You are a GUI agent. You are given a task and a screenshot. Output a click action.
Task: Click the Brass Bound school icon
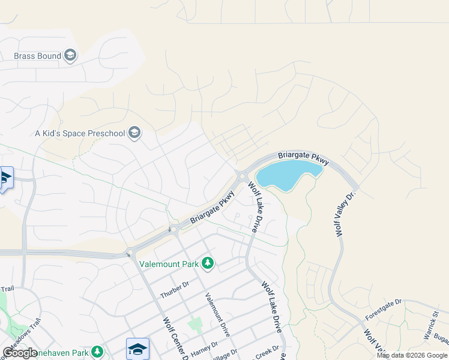pos(71,56)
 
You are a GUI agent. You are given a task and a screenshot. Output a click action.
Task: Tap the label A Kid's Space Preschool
pos(80,133)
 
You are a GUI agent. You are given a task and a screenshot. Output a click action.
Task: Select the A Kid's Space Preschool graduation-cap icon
pos(134,133)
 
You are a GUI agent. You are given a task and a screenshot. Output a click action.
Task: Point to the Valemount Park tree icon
pos(208,263)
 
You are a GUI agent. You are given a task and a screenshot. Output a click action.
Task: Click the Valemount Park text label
pos(169,263)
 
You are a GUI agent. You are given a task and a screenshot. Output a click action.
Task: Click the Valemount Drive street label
pos(217,314)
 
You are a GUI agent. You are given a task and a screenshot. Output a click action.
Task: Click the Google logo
pos(20,353)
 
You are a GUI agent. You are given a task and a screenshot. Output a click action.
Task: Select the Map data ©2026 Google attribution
pos(412,355)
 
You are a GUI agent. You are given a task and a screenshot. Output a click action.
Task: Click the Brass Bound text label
pos(37,56)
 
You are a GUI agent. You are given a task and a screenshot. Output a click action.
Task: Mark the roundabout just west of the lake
pos(241,176)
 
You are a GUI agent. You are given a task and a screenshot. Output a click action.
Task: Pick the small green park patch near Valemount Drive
pos(195,325)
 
